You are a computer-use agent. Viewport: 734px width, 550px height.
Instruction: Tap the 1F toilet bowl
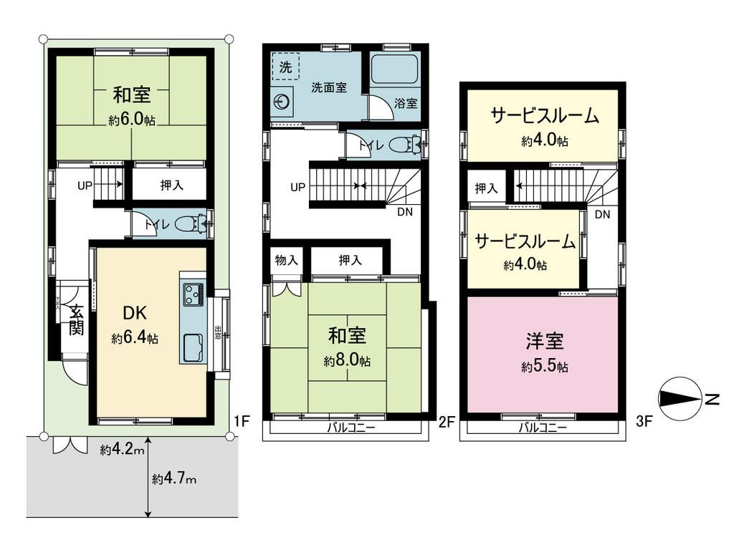[x=189, y=225]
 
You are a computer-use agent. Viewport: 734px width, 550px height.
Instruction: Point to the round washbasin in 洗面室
[x=283, y=103]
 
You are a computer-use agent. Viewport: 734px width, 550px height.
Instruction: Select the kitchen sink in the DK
[x=192, y=349]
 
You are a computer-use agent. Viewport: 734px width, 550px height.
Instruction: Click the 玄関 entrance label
[x=75, y=320]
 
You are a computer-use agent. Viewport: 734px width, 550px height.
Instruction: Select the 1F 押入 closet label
[x=170, y=185]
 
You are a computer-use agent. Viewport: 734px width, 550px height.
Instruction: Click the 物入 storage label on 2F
[x=286, y=260]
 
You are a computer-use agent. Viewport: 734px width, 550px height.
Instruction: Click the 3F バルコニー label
[x=543, y=429]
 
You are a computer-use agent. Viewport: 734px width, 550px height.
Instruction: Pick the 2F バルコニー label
[x=351, y=429]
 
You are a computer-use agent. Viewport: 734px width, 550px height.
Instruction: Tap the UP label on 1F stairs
[x=85, y=185]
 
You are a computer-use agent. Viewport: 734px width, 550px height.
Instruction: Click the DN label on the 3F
[x=602, y=214]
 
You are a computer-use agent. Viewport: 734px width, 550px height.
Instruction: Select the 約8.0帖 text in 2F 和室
[x=347, y=361]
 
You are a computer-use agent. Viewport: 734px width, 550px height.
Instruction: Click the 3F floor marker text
[x=644, y=423]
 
